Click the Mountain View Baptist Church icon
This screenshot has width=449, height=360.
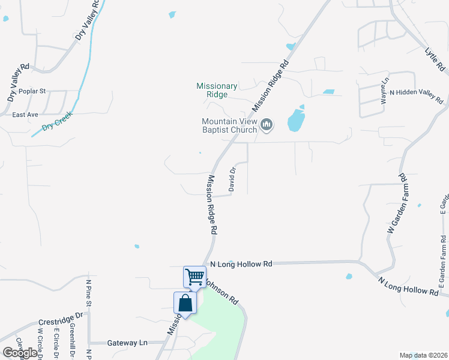click(267, 125)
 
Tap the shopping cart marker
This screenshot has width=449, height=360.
click(194, 277)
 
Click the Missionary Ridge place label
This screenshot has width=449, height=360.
click(217, 91)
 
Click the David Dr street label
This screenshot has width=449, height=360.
click(232, 180)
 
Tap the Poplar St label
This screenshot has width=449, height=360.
click(32, 91)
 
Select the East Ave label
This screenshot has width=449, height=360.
click(25, 114)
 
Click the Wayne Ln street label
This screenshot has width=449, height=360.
click(384, 91)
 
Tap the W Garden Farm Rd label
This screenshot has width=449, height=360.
click(397, 204)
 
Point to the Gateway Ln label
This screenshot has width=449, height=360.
click(127, 343)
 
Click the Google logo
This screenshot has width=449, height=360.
click(19, 353)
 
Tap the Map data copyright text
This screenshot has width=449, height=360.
click(423, 355)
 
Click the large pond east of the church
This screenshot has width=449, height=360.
click(296, 119)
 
